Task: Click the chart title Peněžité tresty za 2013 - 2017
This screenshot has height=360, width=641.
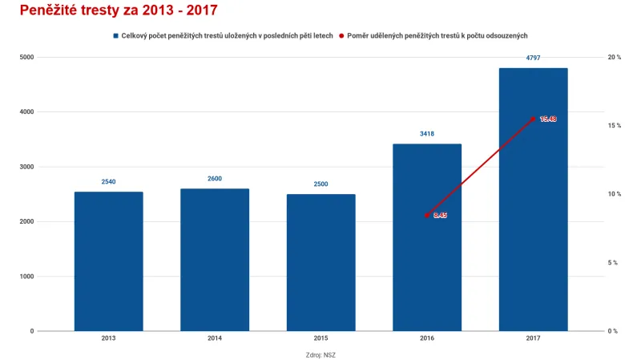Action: pyautogui.click(x=118, y=11)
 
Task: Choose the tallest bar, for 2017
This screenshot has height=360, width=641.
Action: pyautogui.click(x=533, y=200)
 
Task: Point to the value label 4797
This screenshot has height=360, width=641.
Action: pyautogui.click(x=533, y=58)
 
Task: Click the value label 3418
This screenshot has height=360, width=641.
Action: pyautogui.click(x=427, y=134)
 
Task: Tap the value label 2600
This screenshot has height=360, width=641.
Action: pyautogui.click(x=215, y=179)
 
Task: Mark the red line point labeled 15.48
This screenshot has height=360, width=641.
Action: pyautogui.click(x=533, y=119)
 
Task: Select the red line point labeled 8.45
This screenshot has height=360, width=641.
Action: pyautogui.click(x=427, y=215)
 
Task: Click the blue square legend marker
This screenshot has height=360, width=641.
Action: pyautogui.click(x=116, y=36)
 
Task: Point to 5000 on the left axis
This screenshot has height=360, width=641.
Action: pyautogui.click(x=27, y=58)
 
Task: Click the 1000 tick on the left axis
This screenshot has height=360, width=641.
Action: pyautogui.click(x=27, y=277)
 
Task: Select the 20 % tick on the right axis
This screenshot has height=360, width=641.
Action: pyautogui.click(x=615, y=58)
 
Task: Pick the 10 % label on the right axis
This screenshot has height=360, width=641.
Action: pyautogui.click(x=615, y=194)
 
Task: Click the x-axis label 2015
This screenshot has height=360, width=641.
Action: pyautogui.click(x=320, y=338)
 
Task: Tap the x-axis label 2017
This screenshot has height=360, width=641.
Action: pyautogui.click(x=533, y=338)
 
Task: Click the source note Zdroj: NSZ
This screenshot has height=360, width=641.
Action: pyautogui.click(x=320, y=354)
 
